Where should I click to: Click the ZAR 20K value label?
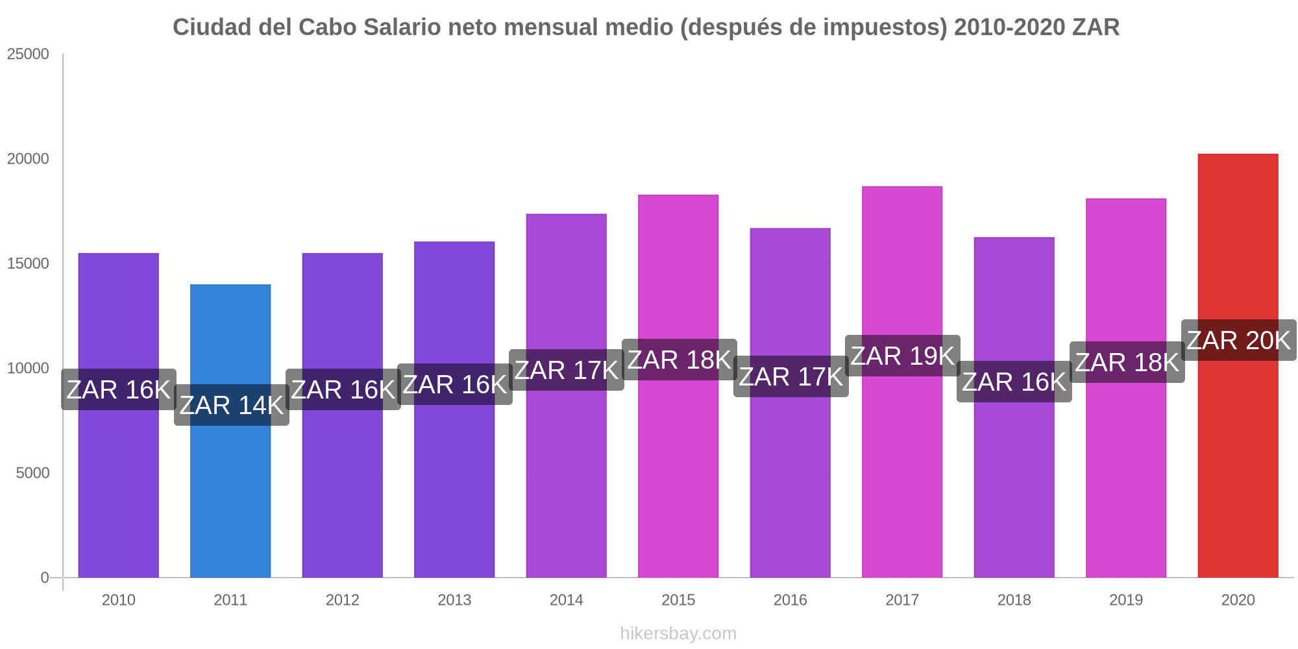1238,340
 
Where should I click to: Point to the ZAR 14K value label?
231,405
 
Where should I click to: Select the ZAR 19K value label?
902,356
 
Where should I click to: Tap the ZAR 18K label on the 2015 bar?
679,360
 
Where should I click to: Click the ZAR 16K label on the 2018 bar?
1014,382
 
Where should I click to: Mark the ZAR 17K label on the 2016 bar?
790,376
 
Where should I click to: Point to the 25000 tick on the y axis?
28,54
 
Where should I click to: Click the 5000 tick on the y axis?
32,473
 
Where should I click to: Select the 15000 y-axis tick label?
28,263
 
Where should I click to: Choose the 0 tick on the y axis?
45,578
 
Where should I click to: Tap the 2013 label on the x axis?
454,600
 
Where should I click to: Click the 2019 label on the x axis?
1126,600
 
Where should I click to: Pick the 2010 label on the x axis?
119,600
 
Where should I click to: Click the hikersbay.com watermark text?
678,633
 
